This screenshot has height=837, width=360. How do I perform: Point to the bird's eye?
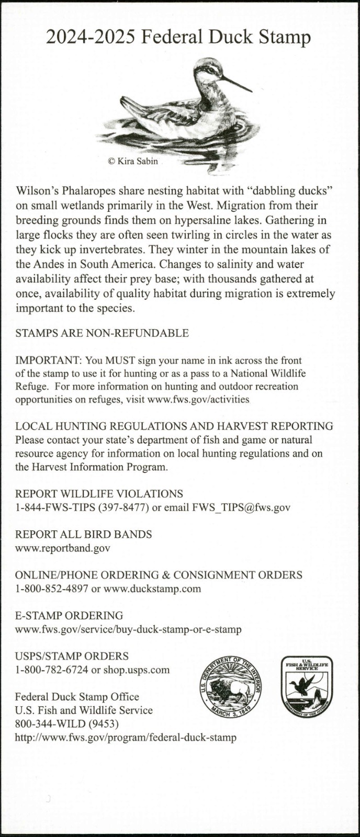pyautogui.click(x=211, y=69)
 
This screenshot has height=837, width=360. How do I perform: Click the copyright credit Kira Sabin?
pyautogui.click(x=132, y=161)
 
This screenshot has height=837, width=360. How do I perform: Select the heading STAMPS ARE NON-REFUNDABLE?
pyautogui.click(x=102, y=333)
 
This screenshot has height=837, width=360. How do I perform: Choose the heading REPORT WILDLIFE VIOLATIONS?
pyautogui.click(x=99, y=494)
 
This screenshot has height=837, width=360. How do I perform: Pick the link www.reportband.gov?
pyautogui.click(x=62, y=548)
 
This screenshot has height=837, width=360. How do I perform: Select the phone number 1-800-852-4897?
pyautogui.click(x=51, y=589)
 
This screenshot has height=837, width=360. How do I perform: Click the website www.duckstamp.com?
pyautogui.click(x=152, y=589)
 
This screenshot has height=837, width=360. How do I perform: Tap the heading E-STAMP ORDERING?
pyautogui.click(x=69, y=616)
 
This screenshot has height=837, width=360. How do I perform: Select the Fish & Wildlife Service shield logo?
pyautogui.click(x=307, y=687)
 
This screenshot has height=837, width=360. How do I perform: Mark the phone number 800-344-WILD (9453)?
pyautogui.click(x=66, y=724)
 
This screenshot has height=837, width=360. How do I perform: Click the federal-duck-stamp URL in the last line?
pyautogui.click(x=126, y=738)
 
